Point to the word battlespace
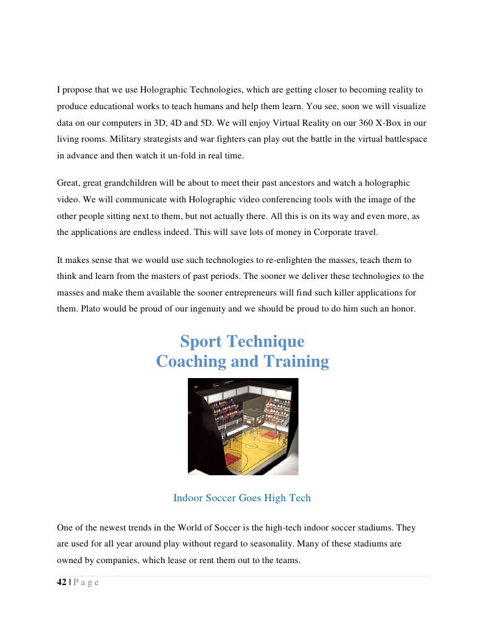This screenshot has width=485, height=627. click(400, 140)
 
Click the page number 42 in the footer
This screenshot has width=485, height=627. click(62, 582)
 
